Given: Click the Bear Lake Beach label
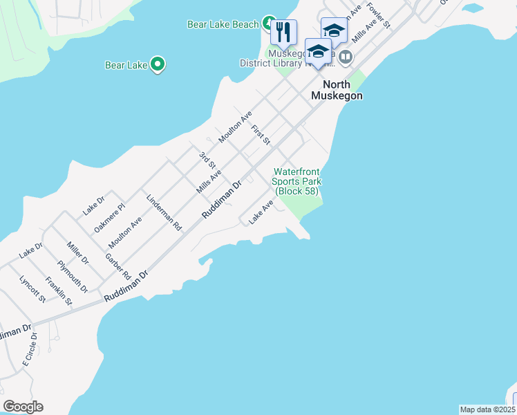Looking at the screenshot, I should click(x=223, y=24).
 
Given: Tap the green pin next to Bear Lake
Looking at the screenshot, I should click(x=158, y=65).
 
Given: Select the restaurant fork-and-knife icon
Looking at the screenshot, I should click(x=283, y=31).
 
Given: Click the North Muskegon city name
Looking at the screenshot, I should click(x=337, y=90).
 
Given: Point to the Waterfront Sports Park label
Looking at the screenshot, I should click(x=298, y=181).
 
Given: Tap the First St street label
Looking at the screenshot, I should click(x=261, y=135).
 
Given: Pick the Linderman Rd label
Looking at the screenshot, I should click(x=164, y=212).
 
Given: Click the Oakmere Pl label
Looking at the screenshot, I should click(x=111, y=216).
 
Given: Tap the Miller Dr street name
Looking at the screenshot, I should click(x=77, y=253).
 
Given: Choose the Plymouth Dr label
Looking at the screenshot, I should click(x=73, y=275).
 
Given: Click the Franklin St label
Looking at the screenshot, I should click(x=59, y=290).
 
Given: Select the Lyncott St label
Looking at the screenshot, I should click(x=32, y=289).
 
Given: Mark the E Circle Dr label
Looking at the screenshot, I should click(x=30, y=349).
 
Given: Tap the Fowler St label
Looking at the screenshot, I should click(x=379, y=15).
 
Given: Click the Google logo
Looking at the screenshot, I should click(x=23, y=407).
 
